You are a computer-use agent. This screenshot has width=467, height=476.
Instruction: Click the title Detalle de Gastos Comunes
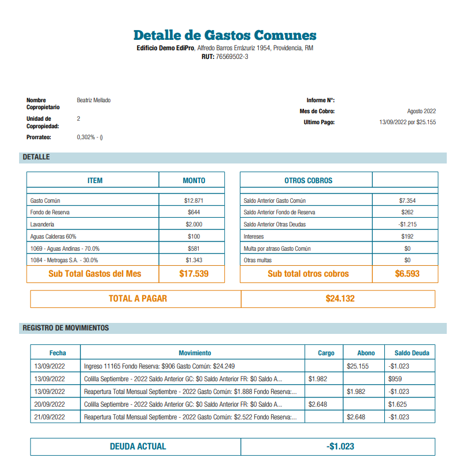[225, 35]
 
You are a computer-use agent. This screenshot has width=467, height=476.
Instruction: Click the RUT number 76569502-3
[232, 57]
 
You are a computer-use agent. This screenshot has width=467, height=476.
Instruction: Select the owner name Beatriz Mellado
[94, 101]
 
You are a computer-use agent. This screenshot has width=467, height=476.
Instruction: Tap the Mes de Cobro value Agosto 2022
[421, 111]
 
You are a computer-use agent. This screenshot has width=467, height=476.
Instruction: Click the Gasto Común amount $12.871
[194, 201]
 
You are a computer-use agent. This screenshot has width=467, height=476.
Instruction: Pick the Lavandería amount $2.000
[194, 224]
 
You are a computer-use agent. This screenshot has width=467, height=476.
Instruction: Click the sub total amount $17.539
[194, 274]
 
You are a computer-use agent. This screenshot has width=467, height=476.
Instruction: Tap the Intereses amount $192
[407, 236]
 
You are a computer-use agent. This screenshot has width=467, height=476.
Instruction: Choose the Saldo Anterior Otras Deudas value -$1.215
[407, 224]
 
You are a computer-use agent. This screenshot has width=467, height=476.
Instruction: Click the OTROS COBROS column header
[308, 181]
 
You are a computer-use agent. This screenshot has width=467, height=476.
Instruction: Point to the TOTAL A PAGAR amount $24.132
[340, 299]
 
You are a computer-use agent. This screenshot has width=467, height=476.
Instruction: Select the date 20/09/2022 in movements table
[49, 404]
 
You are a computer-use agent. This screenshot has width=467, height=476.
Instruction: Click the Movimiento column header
[195, 353]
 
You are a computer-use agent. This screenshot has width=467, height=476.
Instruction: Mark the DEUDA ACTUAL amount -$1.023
[340, 447]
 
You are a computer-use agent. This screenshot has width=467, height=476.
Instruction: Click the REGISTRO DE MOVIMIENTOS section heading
[66, 328]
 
